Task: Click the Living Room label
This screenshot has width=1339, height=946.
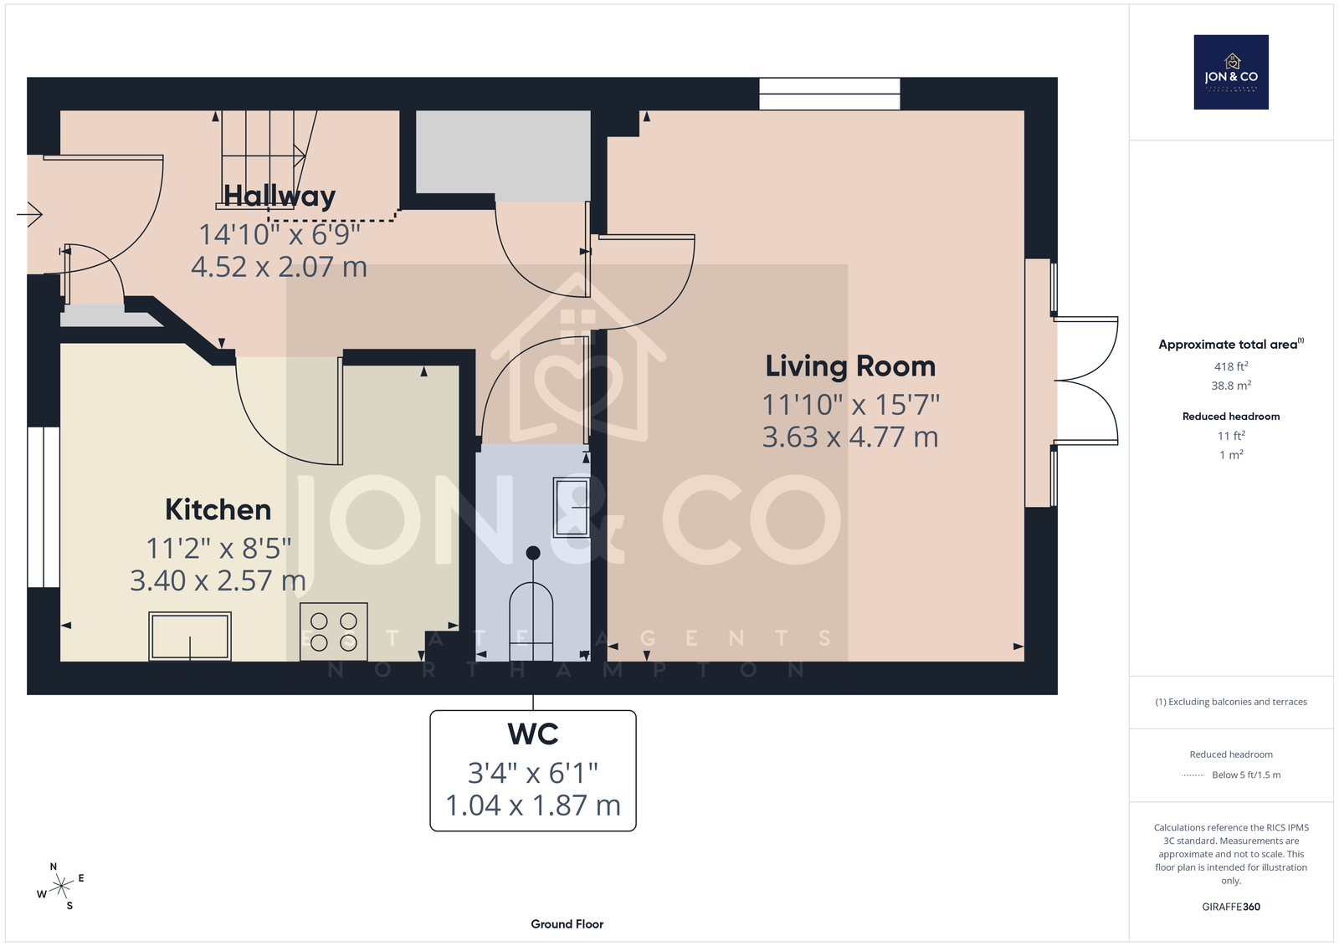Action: [850, 366]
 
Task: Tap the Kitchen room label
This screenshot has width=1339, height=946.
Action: [218, 509]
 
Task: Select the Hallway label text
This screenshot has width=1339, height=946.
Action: [280, 197]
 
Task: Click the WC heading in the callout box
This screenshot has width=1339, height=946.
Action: [532, 734]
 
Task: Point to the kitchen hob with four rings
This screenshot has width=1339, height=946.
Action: [334, 632]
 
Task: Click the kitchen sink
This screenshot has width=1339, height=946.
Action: [190, 637]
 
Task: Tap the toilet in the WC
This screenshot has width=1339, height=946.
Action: [531, 616]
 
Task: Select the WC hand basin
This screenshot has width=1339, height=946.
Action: [572, 508]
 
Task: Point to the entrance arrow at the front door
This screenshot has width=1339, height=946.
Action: [29, 214]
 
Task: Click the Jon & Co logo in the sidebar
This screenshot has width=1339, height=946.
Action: [1231, 72]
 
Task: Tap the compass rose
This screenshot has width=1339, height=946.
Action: [61, 887]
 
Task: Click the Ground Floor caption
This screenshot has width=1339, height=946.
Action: [567, 924]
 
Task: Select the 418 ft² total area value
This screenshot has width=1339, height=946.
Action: [1231, 366]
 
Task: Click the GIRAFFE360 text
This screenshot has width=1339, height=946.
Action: [1231, 907]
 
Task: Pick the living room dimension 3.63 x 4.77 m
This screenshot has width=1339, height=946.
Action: [850, 437]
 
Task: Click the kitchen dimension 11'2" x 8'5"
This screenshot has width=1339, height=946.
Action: [218, 548]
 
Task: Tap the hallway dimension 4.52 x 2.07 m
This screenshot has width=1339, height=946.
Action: [280, 267]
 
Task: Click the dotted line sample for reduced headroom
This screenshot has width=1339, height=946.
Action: [1193, 775]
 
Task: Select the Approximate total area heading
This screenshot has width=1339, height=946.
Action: [1231, 345]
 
